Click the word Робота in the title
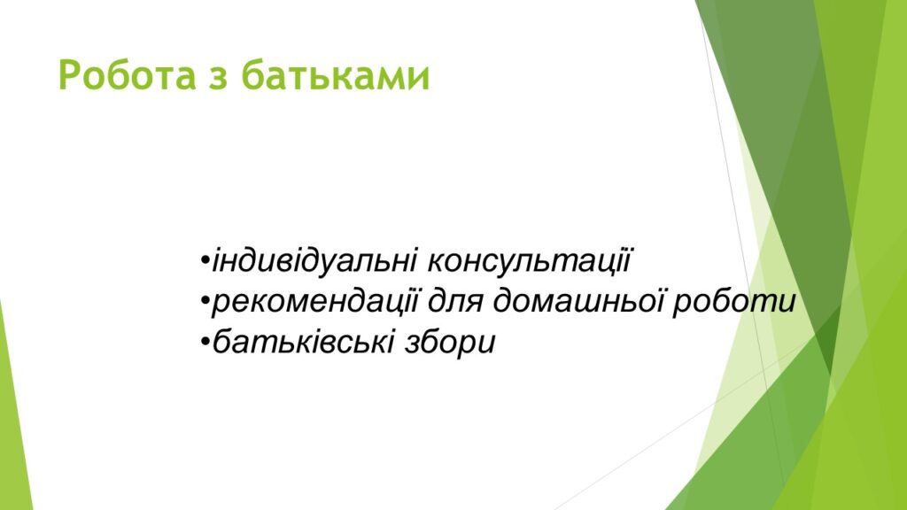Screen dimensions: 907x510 click(128, 75)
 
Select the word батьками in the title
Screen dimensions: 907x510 click(336, 75)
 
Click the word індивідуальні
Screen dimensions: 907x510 click(314, 261)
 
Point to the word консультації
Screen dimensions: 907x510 click(528, 261)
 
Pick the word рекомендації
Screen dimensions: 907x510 click(314, 301)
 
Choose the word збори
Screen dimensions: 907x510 click(449, 342)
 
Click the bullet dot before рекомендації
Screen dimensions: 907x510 click(205, 301)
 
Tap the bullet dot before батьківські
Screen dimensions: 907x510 click(205, 341)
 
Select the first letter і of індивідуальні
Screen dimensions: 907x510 click(217, 261)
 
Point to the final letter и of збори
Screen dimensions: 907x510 click(485, 344)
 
